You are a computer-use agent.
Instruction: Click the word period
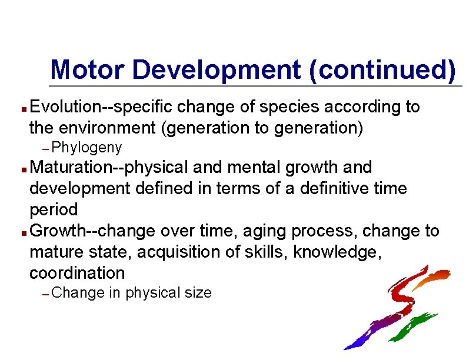(54, 209)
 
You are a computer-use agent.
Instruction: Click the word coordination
(77, 273)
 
